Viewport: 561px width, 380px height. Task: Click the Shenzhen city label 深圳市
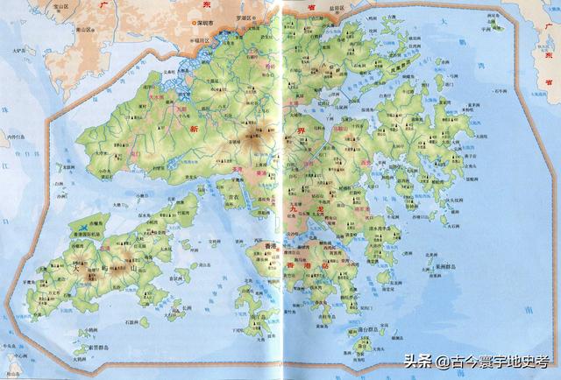pos(207,23)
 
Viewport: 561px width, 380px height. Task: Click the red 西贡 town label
pos(366,163)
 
